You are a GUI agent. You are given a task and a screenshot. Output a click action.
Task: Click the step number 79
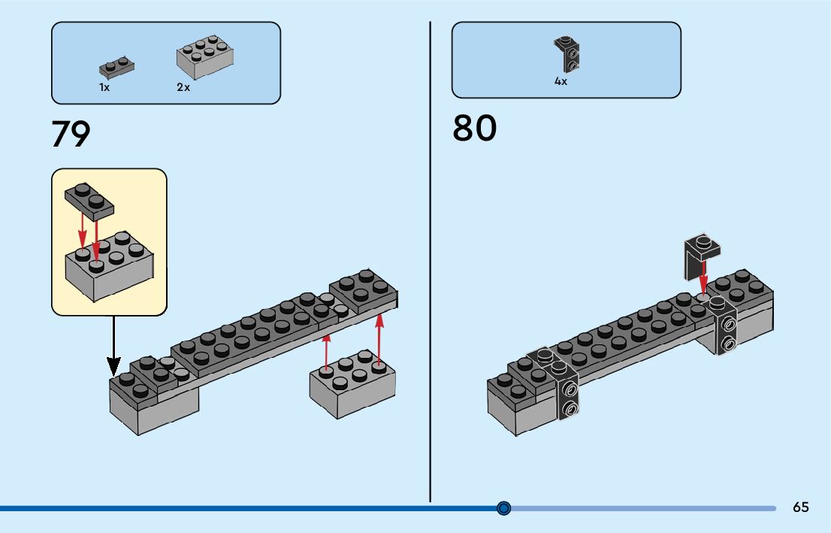coord(71,134)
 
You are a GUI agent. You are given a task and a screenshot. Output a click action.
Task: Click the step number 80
coord(474,129)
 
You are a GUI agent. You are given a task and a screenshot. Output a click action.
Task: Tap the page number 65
coord(801,507)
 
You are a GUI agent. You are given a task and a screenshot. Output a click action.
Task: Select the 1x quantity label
coord(104,87)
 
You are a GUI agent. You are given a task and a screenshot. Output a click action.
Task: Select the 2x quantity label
coord(183,87)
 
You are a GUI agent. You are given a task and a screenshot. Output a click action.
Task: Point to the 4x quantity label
coord(561,81)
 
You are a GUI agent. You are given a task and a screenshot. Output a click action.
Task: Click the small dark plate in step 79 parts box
coord(116,69)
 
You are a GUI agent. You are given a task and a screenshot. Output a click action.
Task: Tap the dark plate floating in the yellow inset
coord(89,200)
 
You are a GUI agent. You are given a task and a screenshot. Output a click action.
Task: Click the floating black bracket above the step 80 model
coord(702,256)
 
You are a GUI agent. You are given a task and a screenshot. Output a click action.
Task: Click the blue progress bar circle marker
coord(504,508)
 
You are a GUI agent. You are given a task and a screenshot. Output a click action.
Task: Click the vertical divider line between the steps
coord(430,263)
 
